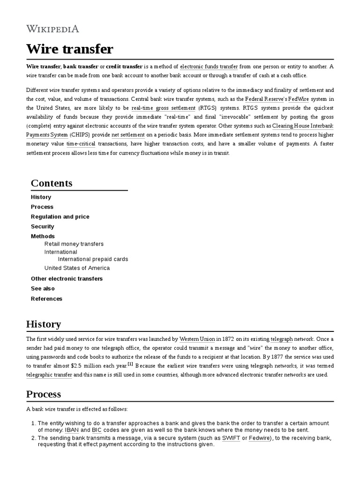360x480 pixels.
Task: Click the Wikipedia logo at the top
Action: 52,29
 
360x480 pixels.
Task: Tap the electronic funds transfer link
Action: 209,67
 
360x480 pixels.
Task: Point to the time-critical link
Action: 81,144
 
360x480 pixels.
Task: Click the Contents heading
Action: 52,183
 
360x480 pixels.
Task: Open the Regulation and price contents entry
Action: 60,217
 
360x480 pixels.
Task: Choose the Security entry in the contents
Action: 43,226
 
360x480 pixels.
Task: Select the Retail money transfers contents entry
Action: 74,244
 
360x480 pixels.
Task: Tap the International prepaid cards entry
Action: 93,259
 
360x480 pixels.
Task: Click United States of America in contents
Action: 77,268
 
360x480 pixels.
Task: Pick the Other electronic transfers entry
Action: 67,278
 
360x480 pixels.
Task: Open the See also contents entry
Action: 43,288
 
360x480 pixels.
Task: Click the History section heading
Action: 44,324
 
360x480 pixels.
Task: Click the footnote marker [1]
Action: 130,364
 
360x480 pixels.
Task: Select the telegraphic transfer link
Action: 49,375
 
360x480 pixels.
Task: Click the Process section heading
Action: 44,394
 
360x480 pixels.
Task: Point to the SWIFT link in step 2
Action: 231,438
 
